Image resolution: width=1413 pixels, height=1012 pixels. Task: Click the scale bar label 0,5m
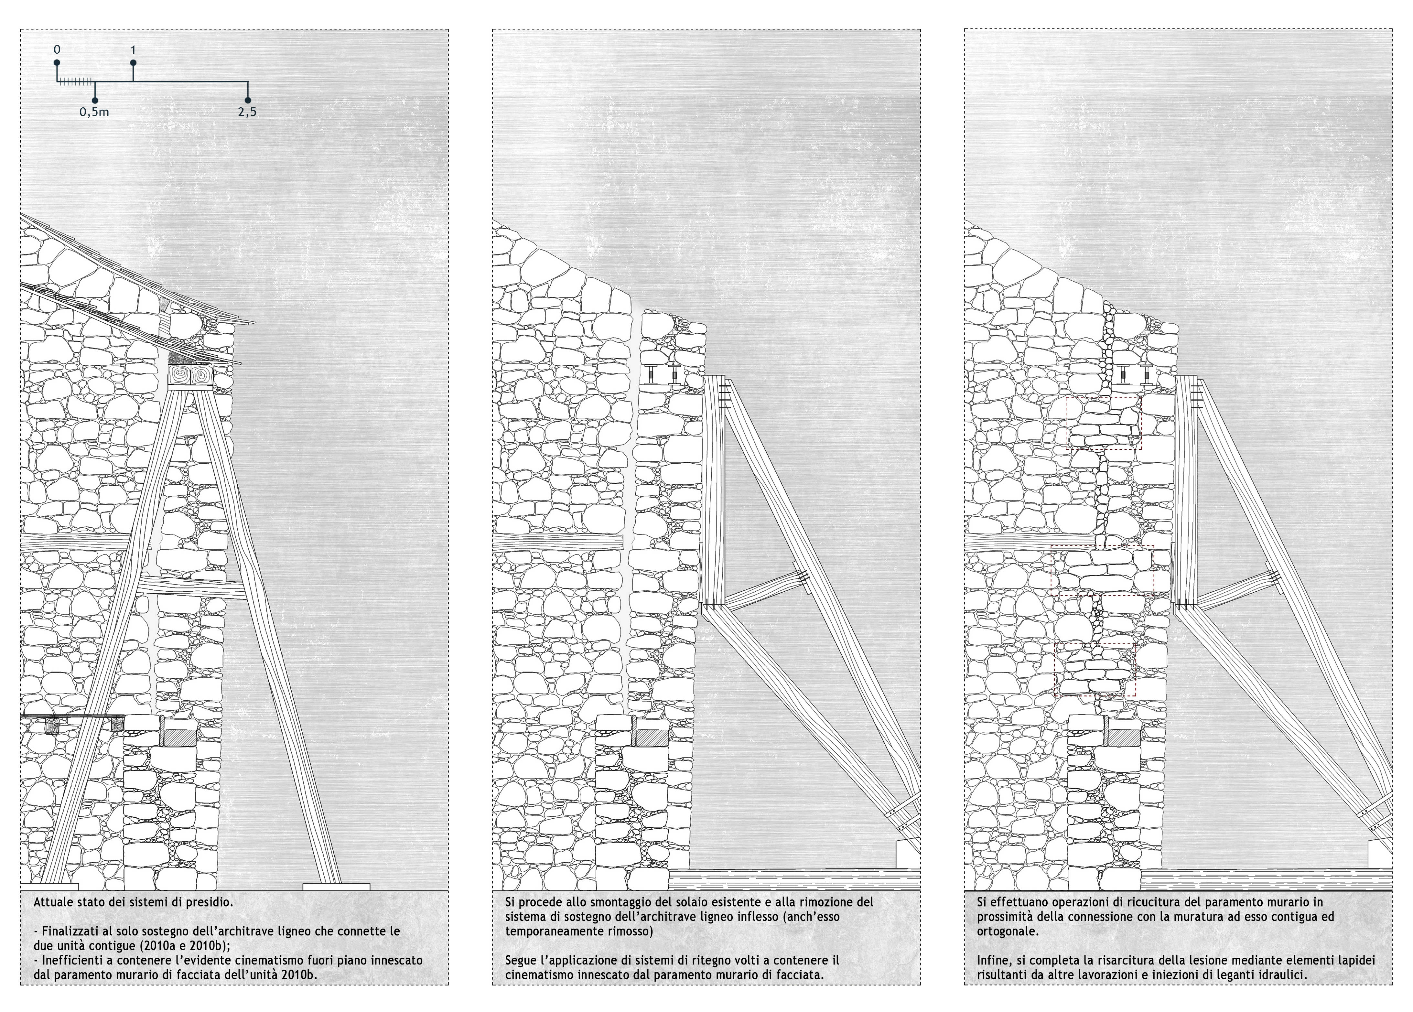click(x=94, y=112)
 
